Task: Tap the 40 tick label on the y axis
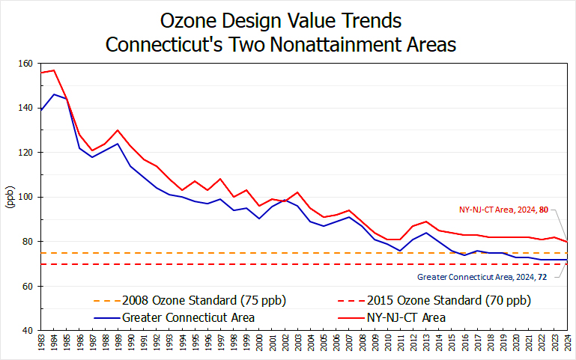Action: [28, 330]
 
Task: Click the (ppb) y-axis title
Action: [10, 196]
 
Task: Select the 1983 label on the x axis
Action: [41, 344]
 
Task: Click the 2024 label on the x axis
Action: [568, 344]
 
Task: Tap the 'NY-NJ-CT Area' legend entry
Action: [406, 317]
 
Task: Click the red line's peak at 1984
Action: [54, 70]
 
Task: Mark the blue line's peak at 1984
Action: [54, 94]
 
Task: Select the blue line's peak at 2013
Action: [426, 233]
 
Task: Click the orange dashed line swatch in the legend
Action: [106, 301]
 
